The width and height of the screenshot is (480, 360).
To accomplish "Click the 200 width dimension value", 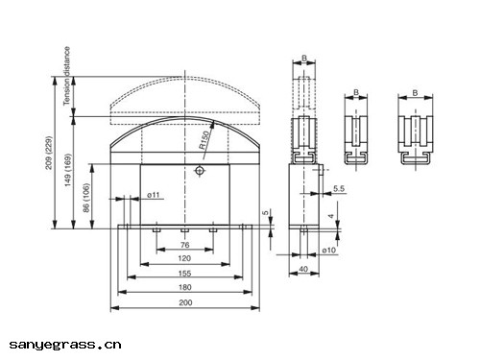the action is click(x=185, y=302).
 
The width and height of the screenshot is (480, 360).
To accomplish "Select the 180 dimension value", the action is click(x=185, y=287).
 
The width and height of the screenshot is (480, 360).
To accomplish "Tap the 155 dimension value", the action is click(x=185, y=274).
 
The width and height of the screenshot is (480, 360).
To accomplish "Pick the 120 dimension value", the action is click(x=184, y=258).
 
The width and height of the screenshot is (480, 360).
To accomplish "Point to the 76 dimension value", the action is click(x=184, y=245).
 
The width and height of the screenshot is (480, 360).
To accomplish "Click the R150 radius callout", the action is click(x=204, y=140).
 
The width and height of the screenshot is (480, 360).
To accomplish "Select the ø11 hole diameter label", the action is click(x=153, y=195).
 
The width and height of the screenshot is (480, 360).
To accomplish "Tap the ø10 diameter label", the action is click(x=329, y=251).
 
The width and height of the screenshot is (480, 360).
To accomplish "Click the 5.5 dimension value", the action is click(x=339, y=189).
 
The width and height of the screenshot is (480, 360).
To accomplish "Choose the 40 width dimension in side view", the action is click(x=303, y=269).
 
